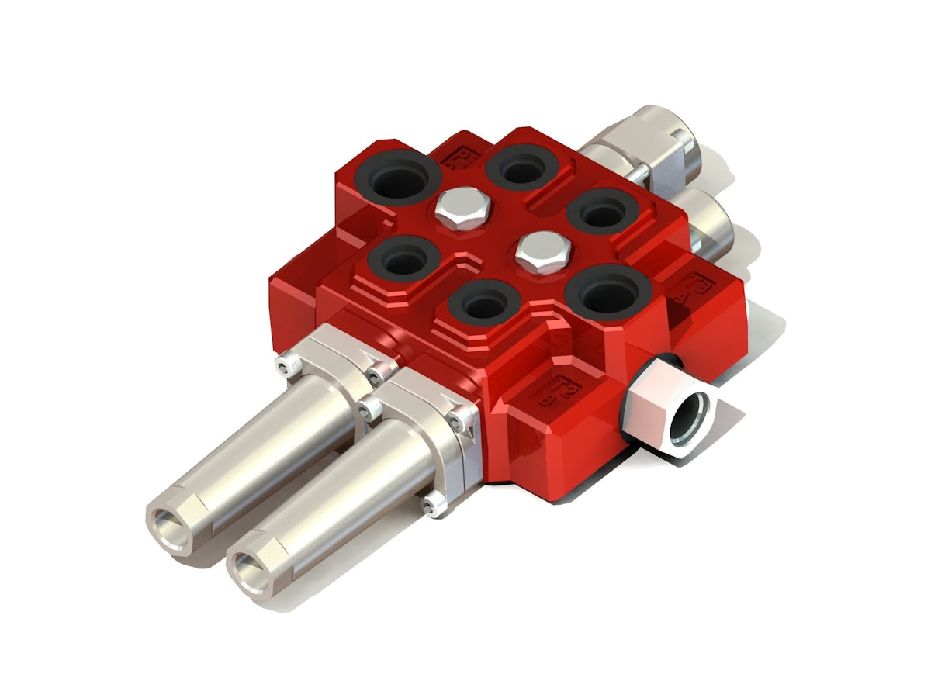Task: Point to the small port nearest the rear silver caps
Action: [603, 209]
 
